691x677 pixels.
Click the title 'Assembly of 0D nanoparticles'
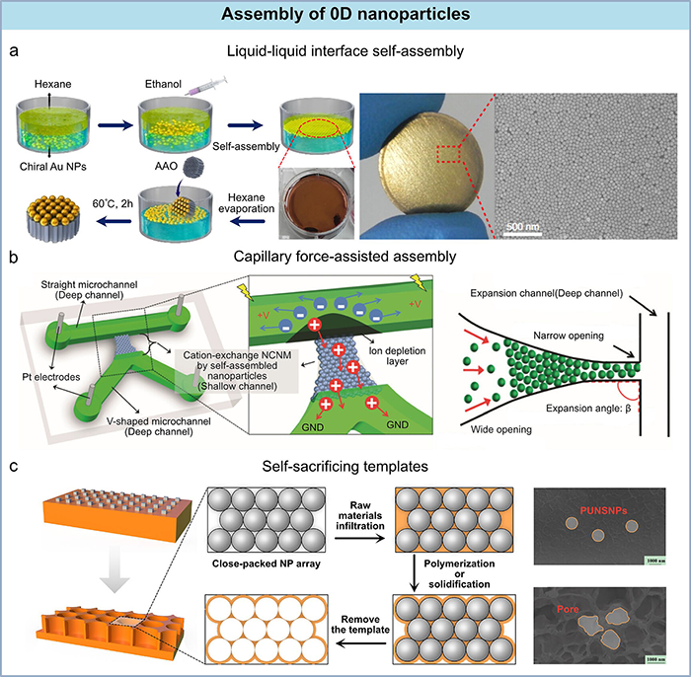(x=345, y=15)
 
